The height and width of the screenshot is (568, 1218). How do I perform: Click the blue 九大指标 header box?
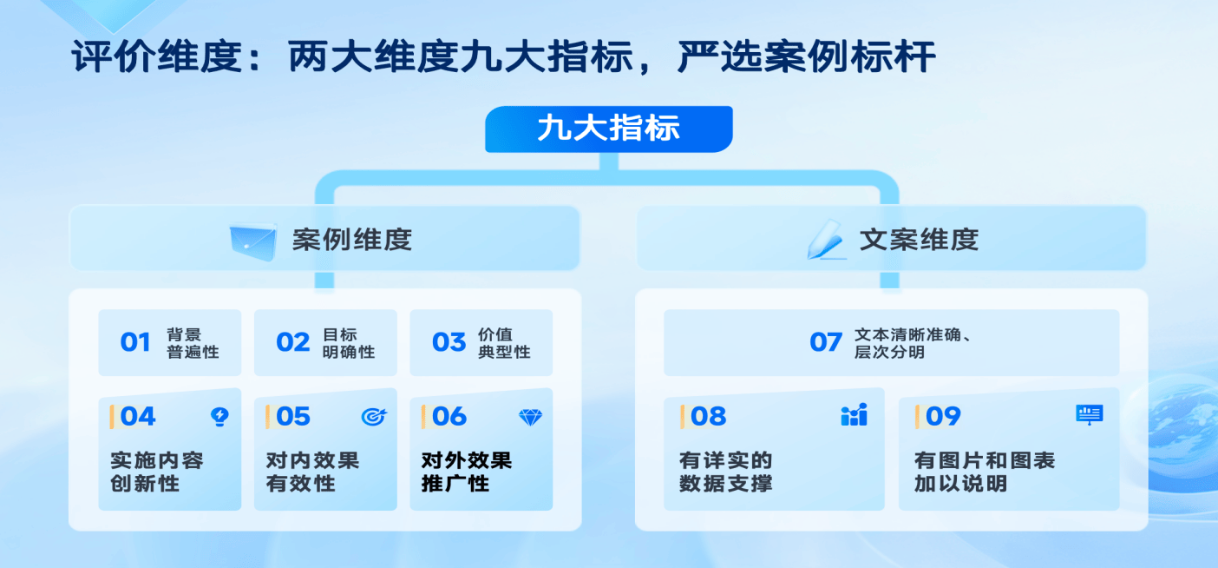pos(608,129)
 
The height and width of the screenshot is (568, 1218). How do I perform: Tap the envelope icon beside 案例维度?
pos(252,241)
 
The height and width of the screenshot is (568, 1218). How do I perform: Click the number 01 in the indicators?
pos(134,342)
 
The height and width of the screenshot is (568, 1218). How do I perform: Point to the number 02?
pos(292,342)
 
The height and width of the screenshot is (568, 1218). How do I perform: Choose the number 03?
pos(449,342)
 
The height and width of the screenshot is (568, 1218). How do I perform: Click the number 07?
pos(825,342)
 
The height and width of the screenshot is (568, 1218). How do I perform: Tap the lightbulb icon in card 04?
pos(219,417)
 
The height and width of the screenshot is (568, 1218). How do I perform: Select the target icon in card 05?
pos(374,417)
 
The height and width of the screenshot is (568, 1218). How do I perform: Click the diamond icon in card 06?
pos(530,418)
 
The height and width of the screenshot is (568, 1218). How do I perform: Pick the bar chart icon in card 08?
pos(854,415)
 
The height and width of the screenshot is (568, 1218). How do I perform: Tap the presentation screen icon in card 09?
pos(1089,415)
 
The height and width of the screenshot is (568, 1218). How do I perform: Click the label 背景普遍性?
pos(193,343)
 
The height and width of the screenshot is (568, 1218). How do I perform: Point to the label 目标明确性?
pos(349,343)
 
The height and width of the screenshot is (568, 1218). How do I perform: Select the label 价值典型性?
pos(504,343)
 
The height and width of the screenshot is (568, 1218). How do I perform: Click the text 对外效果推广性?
pos(467,472)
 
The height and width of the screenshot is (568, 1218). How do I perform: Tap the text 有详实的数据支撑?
pos(725,472)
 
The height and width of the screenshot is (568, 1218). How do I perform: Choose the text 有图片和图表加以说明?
pos(984,472)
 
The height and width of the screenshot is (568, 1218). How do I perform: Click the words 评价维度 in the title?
pos(157,56)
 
